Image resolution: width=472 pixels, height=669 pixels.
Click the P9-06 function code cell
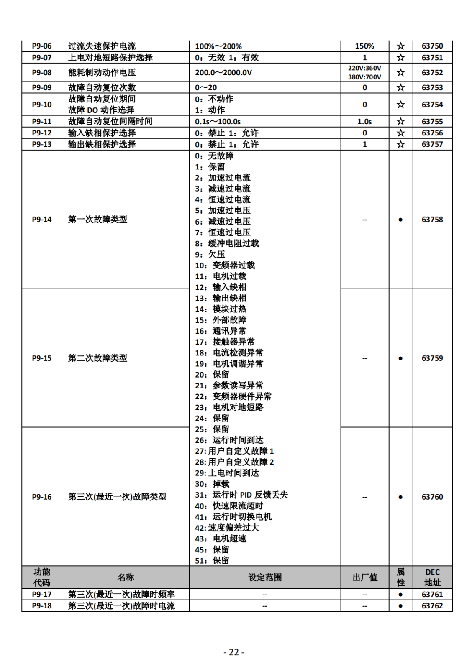coord(42,46)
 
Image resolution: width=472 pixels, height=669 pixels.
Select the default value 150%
coord(364,46)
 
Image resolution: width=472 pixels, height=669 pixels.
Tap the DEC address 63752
coord(432,72)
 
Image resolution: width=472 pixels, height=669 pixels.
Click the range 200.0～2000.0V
coord(223,72)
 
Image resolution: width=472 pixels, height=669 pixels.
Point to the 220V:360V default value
coord(364,68)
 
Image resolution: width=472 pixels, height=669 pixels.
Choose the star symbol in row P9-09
coord(400,87)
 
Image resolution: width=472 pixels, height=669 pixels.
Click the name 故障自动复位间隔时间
coord(110,121)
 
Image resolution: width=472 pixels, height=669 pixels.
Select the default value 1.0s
coord(364,121)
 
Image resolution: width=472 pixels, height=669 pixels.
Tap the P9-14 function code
coord(42,219)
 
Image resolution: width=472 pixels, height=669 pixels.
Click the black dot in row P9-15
coord(400,358)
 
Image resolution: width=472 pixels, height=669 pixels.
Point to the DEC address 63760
coord(432,497)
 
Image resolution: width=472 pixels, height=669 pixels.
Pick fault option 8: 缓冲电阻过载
coord(227,243)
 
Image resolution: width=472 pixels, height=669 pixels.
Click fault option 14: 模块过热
coord(221,309)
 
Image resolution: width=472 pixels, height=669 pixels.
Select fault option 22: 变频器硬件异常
coord(233,396)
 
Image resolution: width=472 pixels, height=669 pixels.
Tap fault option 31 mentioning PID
coord(241,495)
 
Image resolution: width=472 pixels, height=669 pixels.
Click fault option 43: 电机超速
coord(221,539)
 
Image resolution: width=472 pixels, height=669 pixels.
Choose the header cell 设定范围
coord(265,577)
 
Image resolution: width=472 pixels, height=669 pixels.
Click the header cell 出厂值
coord(364,577)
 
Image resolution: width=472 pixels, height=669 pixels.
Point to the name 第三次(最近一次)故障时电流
coord(121,605)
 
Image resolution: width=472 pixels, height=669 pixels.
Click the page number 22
coord(234,652)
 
